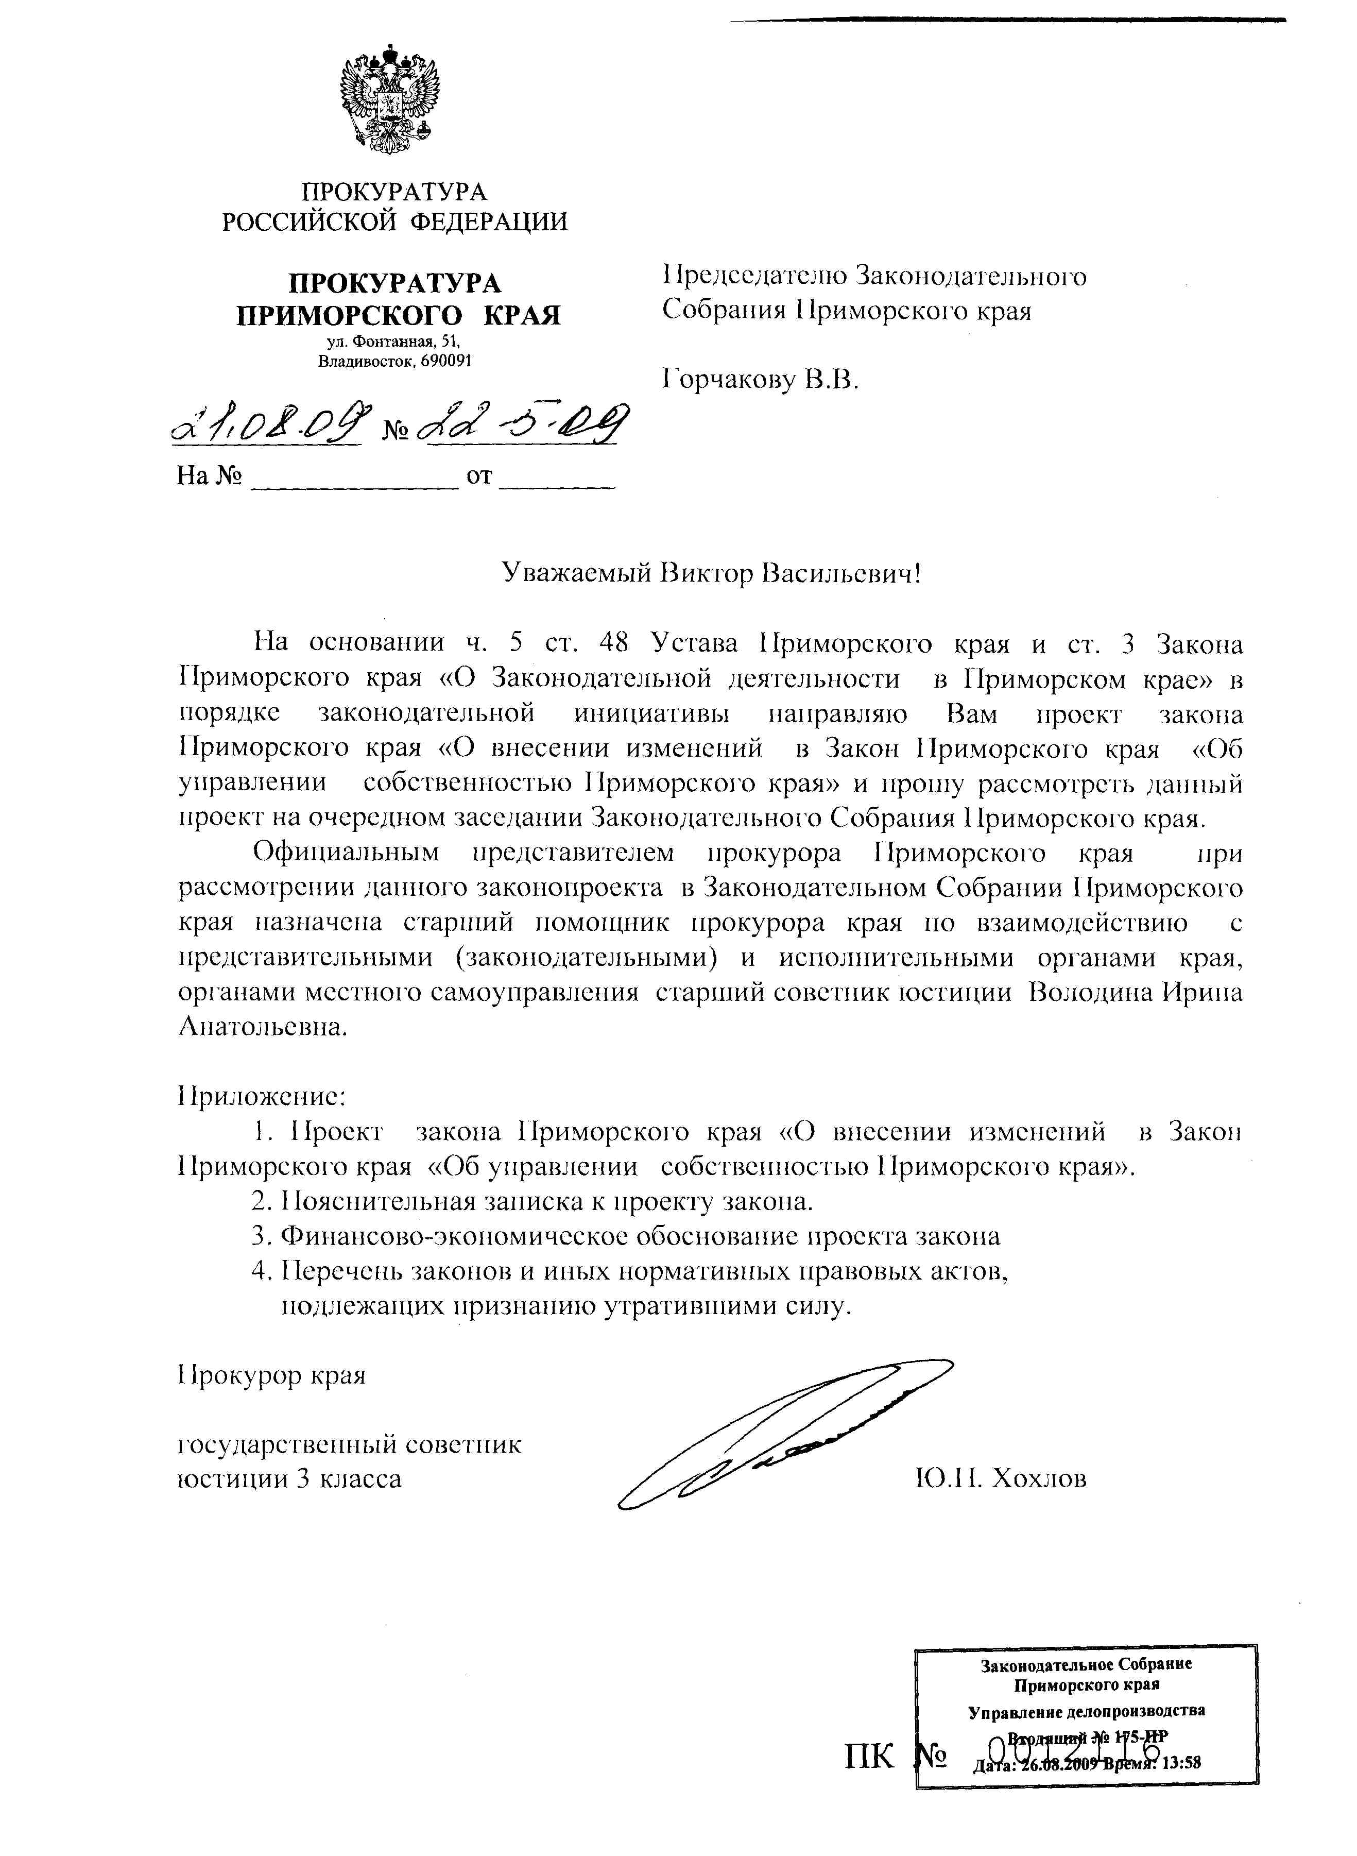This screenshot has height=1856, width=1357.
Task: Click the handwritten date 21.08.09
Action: pos(269,425)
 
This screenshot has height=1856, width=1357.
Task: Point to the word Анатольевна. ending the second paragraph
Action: pos(263,1027)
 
